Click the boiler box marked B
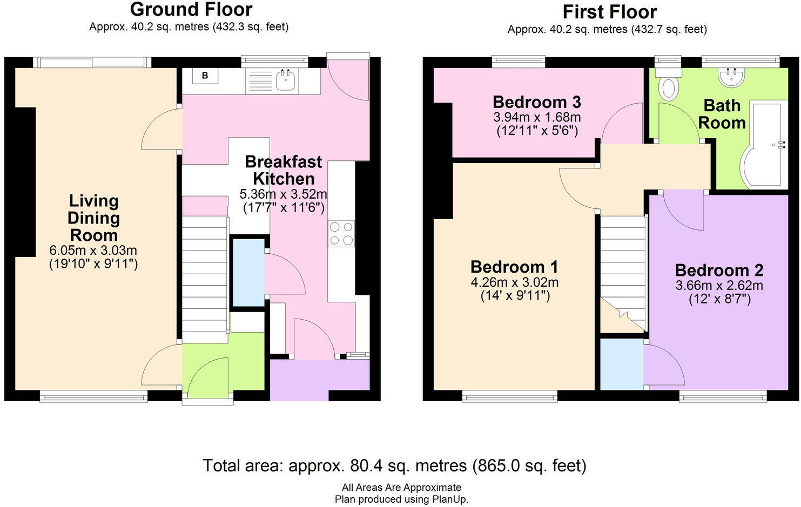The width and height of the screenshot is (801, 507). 205,76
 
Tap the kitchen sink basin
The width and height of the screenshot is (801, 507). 284,80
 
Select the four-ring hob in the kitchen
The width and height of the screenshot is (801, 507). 341,234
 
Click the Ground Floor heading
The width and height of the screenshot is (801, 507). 191,10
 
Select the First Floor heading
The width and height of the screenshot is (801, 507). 609,12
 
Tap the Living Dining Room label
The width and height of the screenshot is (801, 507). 93,218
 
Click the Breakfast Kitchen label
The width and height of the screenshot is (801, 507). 283,170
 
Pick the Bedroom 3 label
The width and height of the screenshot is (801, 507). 536,102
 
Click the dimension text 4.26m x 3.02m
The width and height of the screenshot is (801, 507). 514,282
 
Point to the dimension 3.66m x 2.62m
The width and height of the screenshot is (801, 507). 719,286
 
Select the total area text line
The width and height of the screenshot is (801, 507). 394,465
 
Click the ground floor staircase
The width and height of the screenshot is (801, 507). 204,279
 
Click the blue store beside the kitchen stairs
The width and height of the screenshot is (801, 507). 247,273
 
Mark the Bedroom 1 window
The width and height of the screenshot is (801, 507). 509,397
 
